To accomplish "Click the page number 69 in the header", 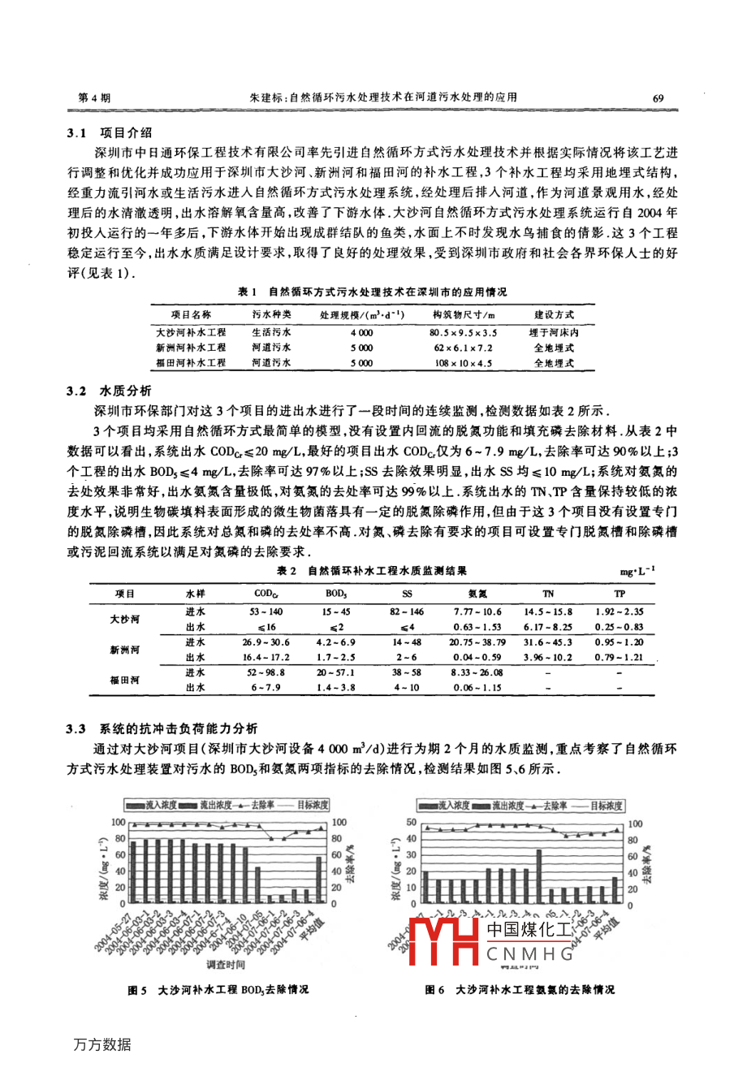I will click(658, 98).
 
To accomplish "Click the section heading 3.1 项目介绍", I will click(110, 133).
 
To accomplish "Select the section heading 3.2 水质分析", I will click(110, 391).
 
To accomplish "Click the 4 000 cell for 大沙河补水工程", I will click(361, 332).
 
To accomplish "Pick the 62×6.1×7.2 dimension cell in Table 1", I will click(463, 348).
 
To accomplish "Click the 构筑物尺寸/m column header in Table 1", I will click(463, 315).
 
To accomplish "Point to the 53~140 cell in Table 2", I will click(266, 612).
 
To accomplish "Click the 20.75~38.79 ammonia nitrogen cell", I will click(477, 642).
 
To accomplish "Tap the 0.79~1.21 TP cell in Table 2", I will click(619, 657).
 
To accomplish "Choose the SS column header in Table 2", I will click(408, 594).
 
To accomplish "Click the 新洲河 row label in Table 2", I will click(125, 650).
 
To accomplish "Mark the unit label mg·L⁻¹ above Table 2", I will click(637, 572).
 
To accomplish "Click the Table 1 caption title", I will click(372, 292).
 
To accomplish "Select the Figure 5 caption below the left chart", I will click(218, 990).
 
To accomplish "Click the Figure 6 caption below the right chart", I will click(520, 990).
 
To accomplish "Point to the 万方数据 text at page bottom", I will click(102, 1045).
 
